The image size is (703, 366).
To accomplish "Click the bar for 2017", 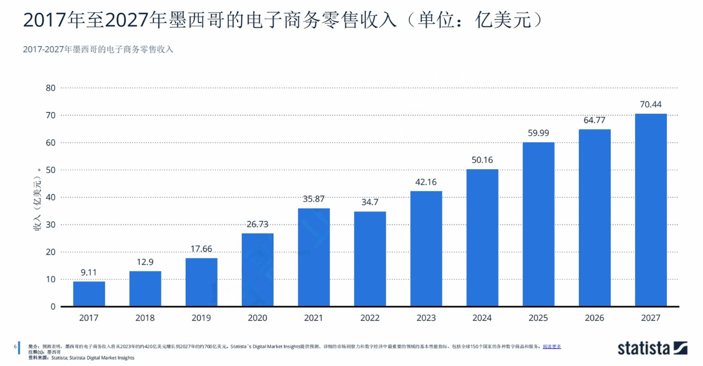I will pyautogui.click(x=89, y=294).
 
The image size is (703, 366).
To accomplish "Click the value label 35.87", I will pyautogui.click(x=314, y=199).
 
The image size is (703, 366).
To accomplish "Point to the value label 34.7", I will pyautogui.click(x=370, y=202).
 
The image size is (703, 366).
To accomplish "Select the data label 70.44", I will pyautogui.click(x=651, y=104).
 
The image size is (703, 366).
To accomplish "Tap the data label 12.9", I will pyautogui.click(x=145, y=262).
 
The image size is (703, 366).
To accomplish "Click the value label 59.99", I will pyautogui.click(x=538, y=133).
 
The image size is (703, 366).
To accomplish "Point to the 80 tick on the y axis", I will pyautogui.click(x=51, y=88).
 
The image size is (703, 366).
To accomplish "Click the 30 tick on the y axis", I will pyautogui.click(x=51, y=225).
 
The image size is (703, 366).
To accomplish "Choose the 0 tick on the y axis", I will pyautogui.click(x=53, y=307).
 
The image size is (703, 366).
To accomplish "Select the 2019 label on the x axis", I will pyautogui.click(x=201, y=318).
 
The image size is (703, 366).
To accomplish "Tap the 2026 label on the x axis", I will pyautogui.click(x=594, y=318).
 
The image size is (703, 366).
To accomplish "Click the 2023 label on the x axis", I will pyautogui.click(x=426, y=318).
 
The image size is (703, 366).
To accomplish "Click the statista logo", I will pyautogui.click(x=652, y=348).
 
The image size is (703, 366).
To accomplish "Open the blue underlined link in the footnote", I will pyautogui.click(x=551, y=347).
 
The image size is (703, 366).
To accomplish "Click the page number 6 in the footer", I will pyautogui.click(x=15, y=347).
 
